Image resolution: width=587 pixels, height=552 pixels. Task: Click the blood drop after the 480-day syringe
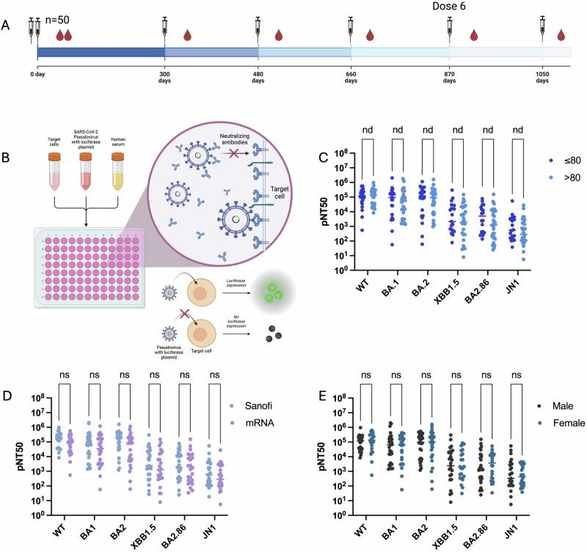(x=278, y=34)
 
